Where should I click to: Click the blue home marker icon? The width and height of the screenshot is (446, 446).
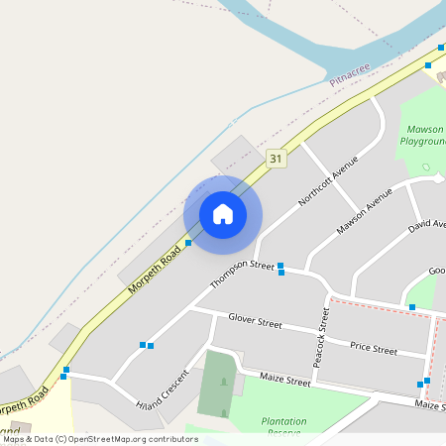point(223,214)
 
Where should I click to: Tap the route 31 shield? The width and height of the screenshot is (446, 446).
point(276,158)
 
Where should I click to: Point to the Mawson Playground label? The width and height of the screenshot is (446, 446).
point(423,136)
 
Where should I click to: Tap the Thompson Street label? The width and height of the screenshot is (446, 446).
point(241,275)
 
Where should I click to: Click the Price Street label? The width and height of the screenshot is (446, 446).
point(373,349)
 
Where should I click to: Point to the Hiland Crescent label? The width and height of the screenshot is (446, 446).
point(163,391)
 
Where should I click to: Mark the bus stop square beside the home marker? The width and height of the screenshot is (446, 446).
point(188,242)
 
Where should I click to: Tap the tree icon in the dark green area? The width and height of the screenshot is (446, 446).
point(224,381)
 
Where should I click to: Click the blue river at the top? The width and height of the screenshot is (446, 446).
point(297,40)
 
